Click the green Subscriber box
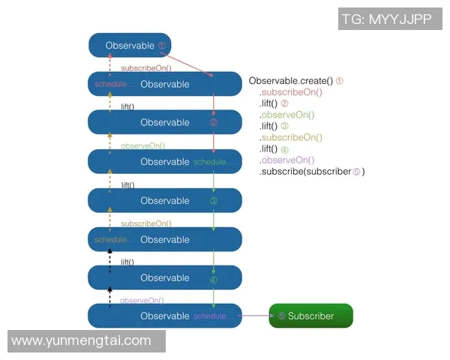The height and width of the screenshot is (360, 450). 310,316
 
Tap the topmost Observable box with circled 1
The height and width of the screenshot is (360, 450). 130,46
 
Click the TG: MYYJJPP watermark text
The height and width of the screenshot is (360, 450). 386,19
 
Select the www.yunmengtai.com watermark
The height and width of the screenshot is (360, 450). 82,341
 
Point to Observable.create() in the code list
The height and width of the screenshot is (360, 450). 291,81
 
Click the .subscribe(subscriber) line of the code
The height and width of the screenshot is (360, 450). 311,172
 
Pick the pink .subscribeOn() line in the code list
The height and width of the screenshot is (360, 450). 291,92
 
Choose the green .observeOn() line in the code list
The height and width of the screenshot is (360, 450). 287,115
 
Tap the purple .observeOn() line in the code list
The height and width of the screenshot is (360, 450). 287,160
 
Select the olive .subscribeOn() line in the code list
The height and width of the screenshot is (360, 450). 291,138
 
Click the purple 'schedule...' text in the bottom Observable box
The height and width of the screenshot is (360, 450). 213,316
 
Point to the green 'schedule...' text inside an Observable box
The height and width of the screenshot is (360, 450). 213,162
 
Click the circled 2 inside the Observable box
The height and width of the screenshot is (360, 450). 214,123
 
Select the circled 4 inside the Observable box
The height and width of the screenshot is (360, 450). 214,279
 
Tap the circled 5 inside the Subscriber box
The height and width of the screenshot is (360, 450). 281,316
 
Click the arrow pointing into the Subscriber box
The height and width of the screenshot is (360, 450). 255,316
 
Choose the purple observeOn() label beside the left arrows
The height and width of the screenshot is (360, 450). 142,300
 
